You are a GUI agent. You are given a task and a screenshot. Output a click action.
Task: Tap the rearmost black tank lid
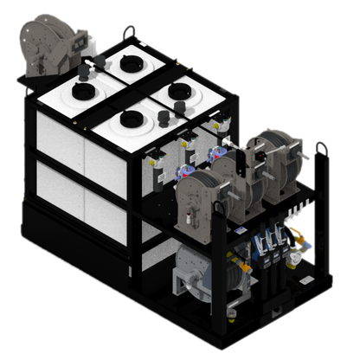click(132, 63)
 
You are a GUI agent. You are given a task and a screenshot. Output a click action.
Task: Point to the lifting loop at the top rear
click(131, 33)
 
